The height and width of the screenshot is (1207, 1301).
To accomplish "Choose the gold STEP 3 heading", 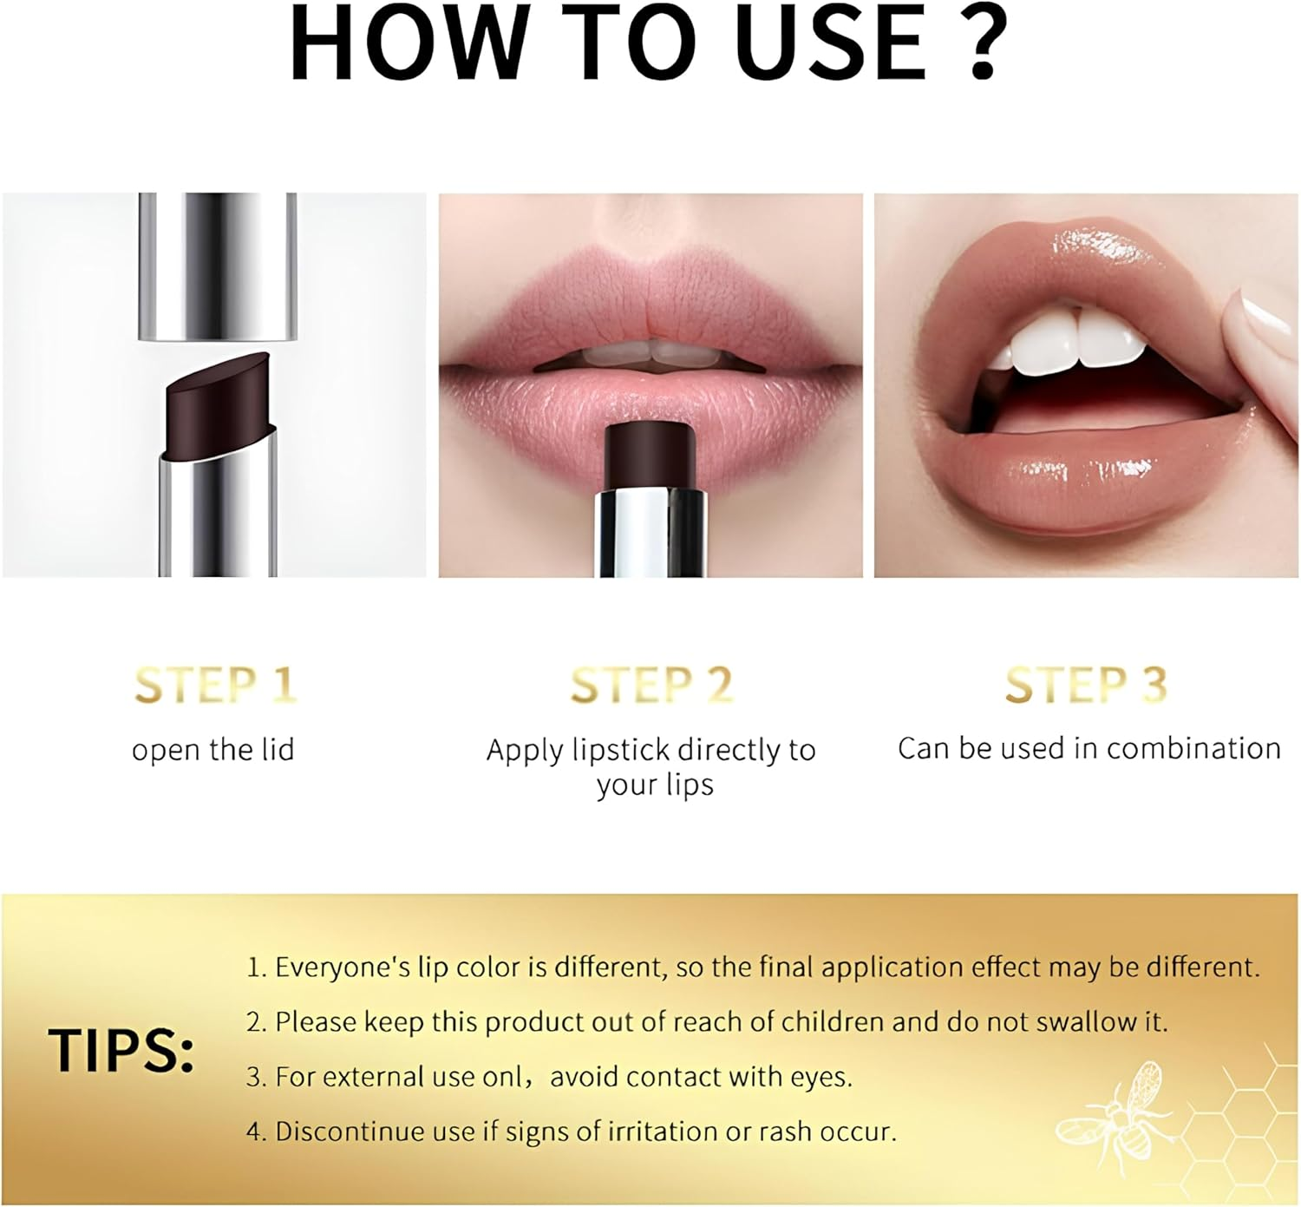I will (x=1086, y=685).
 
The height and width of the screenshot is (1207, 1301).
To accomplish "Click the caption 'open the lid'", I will (x=213, y=750).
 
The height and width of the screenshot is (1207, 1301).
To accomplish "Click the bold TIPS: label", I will (x=121, y=1051).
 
